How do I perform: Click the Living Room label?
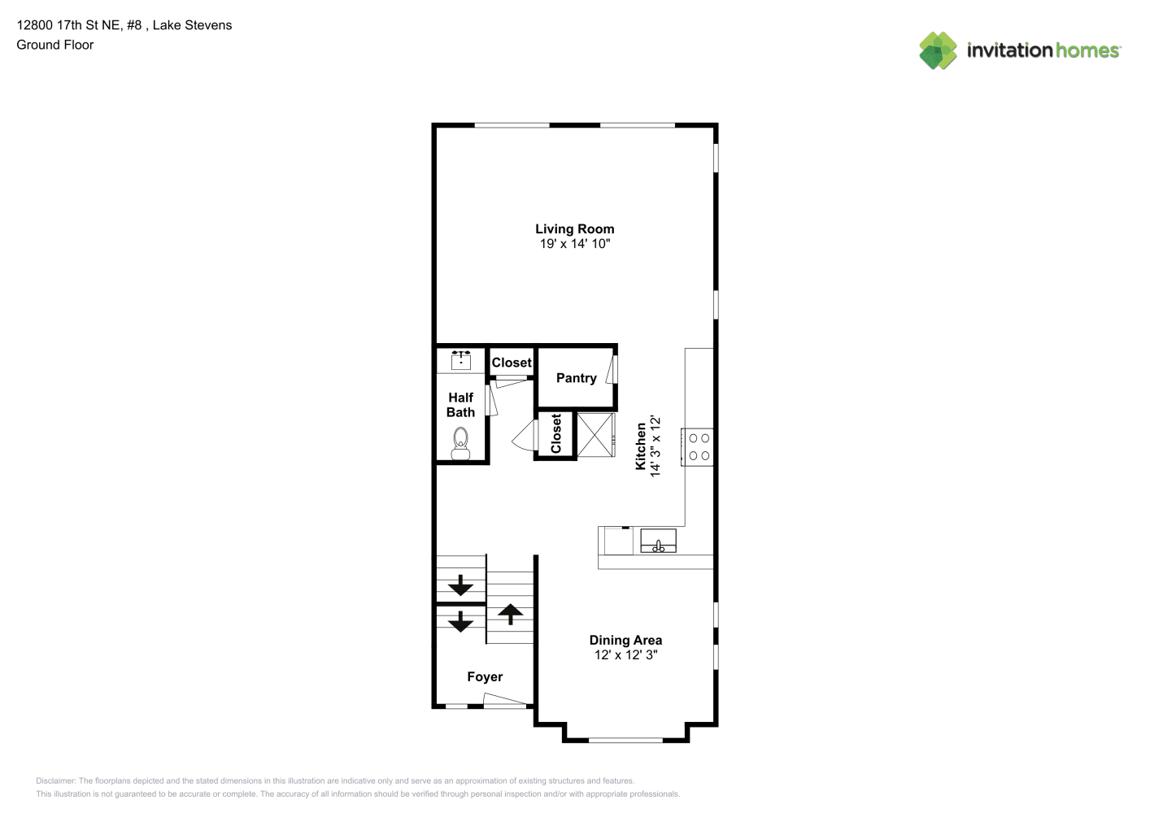574,229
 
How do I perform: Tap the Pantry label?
576,378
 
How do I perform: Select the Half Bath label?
460,405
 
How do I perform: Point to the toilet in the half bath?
460,443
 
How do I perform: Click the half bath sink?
461,360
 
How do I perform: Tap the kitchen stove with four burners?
697,447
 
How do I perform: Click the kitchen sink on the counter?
658,541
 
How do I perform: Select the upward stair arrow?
510,614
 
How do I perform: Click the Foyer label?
485,677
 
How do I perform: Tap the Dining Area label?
625,640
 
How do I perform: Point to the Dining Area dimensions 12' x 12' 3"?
625,655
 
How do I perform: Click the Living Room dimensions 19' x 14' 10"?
574,244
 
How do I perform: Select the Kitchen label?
641,446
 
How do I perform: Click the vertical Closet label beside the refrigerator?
556,433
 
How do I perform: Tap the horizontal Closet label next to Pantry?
512,363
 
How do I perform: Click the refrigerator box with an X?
595,435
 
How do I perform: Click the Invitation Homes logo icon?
938,50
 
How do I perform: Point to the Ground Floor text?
55,46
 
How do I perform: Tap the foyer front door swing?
505,700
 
